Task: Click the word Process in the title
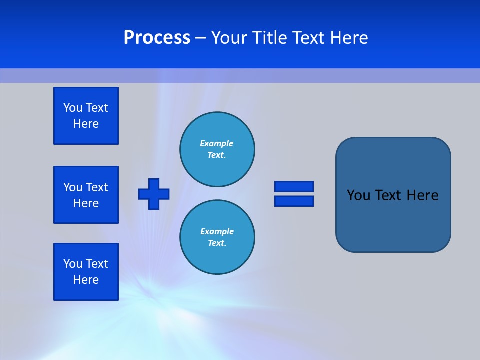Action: (157, 38)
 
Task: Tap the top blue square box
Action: (86, 116)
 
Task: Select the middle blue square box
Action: (86, 195)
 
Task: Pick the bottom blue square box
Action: (86, 272)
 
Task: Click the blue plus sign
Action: (154, 194)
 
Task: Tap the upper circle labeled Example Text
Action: (217, 149)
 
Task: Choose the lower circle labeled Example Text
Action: (217, 237)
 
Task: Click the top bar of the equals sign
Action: (294, 186)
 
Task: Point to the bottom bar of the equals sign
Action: (294, 201)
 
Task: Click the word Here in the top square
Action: (86, 124)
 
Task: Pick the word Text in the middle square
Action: (96, 187)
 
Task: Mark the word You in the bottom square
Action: (73, 264)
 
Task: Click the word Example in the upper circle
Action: (217, 143)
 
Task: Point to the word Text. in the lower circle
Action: (217, 243)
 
